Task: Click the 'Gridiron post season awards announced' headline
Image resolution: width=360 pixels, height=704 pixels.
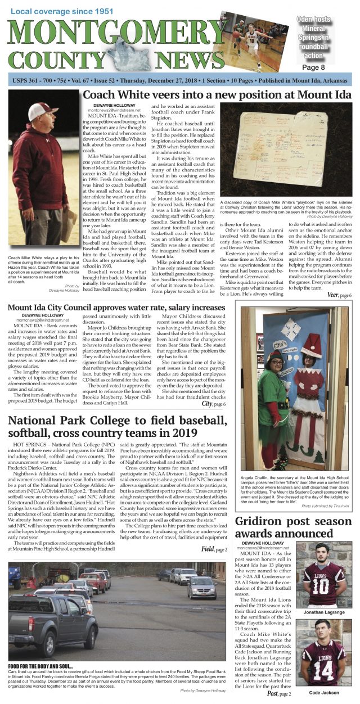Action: coord(292,527)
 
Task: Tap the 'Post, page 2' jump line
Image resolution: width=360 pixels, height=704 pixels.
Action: coord(279,693)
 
